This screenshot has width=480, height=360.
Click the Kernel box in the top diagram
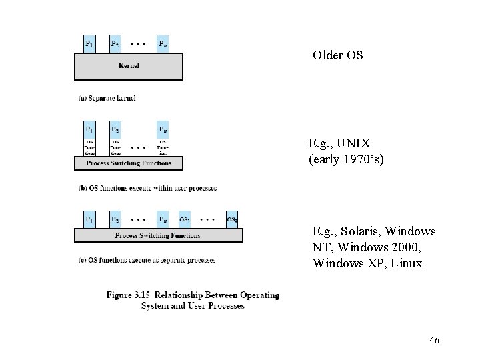(128, 66)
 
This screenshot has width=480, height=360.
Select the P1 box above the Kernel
(89, 44)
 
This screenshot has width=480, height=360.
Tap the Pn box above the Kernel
(163, 44)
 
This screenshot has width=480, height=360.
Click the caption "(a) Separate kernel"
(107, 99)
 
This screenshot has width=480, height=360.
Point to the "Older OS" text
(338, 55)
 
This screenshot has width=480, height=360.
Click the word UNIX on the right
(353, 143)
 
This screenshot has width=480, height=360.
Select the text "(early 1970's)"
(346, 160)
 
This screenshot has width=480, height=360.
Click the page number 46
(434, 341)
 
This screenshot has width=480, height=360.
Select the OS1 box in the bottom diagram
(185, 219)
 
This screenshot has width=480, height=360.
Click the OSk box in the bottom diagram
(231, 219)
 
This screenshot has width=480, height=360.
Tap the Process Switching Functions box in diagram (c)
(158, 235)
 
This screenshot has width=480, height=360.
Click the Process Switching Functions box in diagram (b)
(128, 163)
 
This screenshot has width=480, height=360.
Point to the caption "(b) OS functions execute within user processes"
(148, 188)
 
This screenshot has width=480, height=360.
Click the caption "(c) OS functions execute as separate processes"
(147, 260)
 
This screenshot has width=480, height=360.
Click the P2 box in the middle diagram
(115, 129)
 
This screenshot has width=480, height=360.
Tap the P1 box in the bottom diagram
(89, 219)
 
